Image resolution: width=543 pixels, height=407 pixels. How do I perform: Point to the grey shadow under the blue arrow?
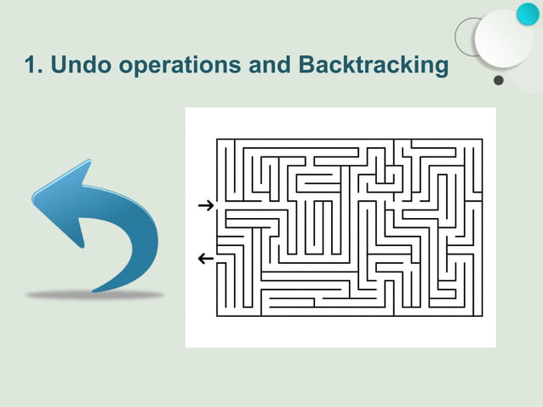point(94,295)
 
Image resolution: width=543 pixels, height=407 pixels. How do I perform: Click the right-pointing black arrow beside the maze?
point(204,205)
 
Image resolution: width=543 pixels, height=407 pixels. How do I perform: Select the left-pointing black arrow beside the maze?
point(204,257)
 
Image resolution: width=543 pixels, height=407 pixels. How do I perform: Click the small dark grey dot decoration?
point(499,82)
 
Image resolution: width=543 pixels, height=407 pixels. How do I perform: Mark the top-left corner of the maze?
point(217,139)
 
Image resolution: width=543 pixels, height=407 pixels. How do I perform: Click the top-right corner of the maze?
point(483,139)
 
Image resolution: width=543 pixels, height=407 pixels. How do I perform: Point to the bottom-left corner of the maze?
point(217,316)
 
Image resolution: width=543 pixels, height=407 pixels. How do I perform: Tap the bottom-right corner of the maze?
point(483,316)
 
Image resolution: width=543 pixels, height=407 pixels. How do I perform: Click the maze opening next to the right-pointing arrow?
point(218,205)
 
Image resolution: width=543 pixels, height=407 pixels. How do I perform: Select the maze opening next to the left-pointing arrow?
point(218,257)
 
